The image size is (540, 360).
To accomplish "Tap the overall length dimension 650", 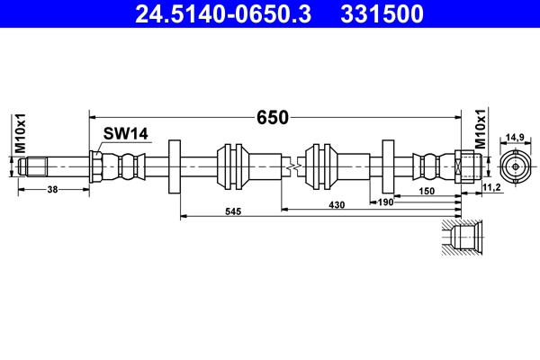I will coord(273,117).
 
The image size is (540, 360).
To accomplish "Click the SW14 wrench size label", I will coord(125,134).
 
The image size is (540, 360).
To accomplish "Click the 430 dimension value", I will coord(336,206).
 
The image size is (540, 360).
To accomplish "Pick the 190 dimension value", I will coord(386,203).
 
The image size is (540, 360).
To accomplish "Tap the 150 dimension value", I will coord(427,192).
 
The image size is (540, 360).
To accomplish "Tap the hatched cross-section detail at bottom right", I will coord(462,239).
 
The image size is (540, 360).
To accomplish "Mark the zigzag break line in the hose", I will coord(290,167).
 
